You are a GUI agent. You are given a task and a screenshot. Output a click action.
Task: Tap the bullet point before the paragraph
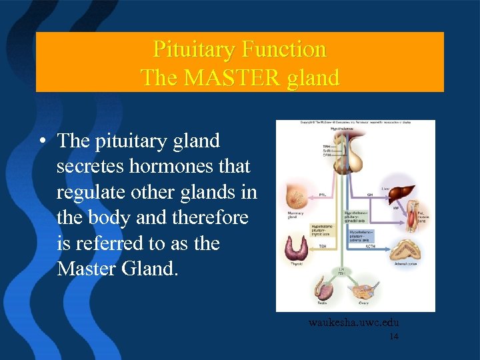click(x=42, y=141)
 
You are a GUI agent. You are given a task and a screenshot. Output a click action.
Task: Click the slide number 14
click(x=393, y=337)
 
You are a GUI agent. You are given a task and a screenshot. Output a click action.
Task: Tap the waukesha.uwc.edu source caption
click(x=353, y=323)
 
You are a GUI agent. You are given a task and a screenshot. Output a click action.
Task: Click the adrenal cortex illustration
click(x=405, y=249)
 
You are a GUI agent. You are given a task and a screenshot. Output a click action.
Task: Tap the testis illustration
click(x=323, y=291)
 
